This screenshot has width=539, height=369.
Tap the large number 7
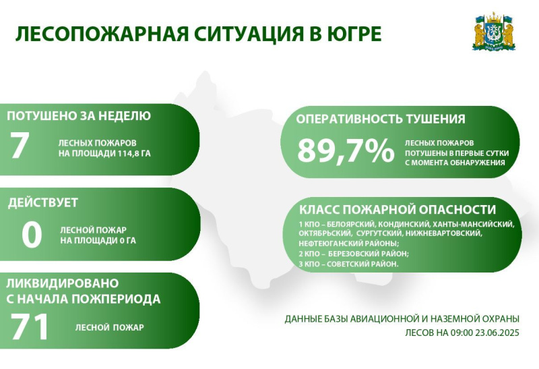[19, 146]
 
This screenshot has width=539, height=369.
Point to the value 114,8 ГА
[134, 154]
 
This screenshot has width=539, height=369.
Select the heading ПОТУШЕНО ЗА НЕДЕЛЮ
[79, 116]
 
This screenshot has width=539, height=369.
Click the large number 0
[32, 235]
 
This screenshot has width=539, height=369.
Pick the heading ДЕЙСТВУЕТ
[43, 202]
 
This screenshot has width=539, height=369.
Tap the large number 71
[29, 327]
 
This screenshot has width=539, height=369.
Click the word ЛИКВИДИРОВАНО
[63, 283]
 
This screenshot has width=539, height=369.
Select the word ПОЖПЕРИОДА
[116, 299]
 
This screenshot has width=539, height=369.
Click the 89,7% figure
[346, 150]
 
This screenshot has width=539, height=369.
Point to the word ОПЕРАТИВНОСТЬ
[349, 119]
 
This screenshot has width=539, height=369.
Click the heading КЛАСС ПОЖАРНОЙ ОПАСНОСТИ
[398, 209]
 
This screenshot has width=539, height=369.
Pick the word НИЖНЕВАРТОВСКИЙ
[444, 233]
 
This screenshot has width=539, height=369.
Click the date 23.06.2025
[497, 333]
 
